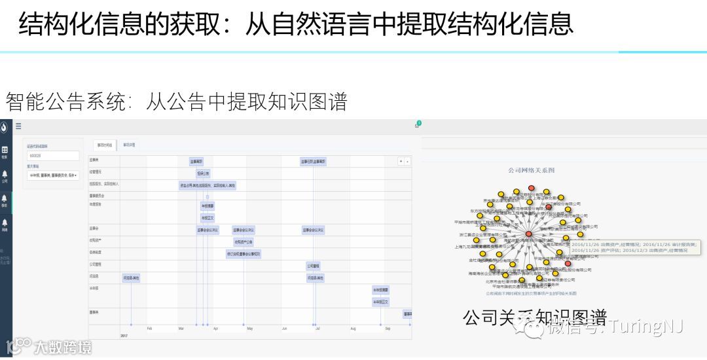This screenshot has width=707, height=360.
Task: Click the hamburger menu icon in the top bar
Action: click(x=18, y=126)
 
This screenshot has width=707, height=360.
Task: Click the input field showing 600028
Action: click(x=52, y=156)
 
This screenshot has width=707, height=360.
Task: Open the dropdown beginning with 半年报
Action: click(x=52, y=175)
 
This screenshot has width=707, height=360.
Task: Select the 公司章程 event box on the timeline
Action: click(x=313, y=266)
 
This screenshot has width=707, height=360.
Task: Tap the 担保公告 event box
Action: click(x=203, y=173)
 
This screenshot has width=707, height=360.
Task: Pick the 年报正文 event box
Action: click(x=208, y=218)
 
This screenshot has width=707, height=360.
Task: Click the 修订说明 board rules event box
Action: click(x=244, y=254)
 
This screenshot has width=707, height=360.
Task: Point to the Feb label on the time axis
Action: click(x=149, y=329)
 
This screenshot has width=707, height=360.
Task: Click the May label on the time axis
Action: click(x=249, y=329)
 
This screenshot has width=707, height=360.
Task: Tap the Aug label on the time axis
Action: click(x=353, y=329)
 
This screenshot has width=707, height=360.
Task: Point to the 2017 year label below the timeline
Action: click(x=124, y=336)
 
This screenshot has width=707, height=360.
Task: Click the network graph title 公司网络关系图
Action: click(x=532, y=170)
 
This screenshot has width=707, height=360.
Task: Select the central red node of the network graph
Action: click(x=528, y=234)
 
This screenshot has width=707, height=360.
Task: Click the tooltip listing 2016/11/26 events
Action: click(x=634, y=247)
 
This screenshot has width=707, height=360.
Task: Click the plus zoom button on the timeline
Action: click(x=401, y=161)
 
